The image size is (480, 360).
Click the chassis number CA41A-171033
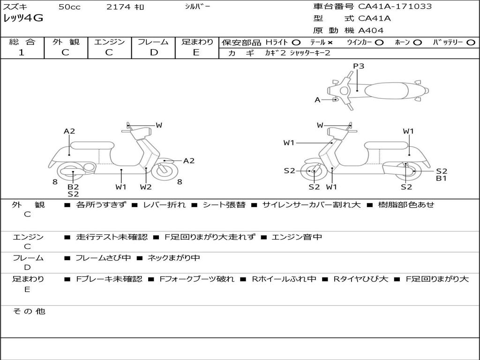coord(395,7)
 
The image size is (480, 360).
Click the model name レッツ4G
coord(23,19)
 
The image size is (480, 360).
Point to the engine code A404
coord(371,30)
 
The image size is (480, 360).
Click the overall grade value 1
coord(22,52)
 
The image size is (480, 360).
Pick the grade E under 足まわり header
coord(196,52)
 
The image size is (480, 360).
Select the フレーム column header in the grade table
coord(153,42)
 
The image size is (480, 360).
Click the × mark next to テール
coord(330,42)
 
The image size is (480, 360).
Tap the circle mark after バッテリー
coord(471,42)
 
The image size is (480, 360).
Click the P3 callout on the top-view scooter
coord(359,66)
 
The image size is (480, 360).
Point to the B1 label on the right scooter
coord(441,178)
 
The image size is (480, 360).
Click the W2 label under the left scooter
coord(146,187)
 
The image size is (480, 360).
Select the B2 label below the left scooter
coord(73,187)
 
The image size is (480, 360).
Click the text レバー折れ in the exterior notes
coord(164,205)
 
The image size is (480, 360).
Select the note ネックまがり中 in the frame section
coord(174,258)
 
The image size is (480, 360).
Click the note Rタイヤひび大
coord(360,279)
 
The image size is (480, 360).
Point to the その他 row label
coord(29,311)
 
